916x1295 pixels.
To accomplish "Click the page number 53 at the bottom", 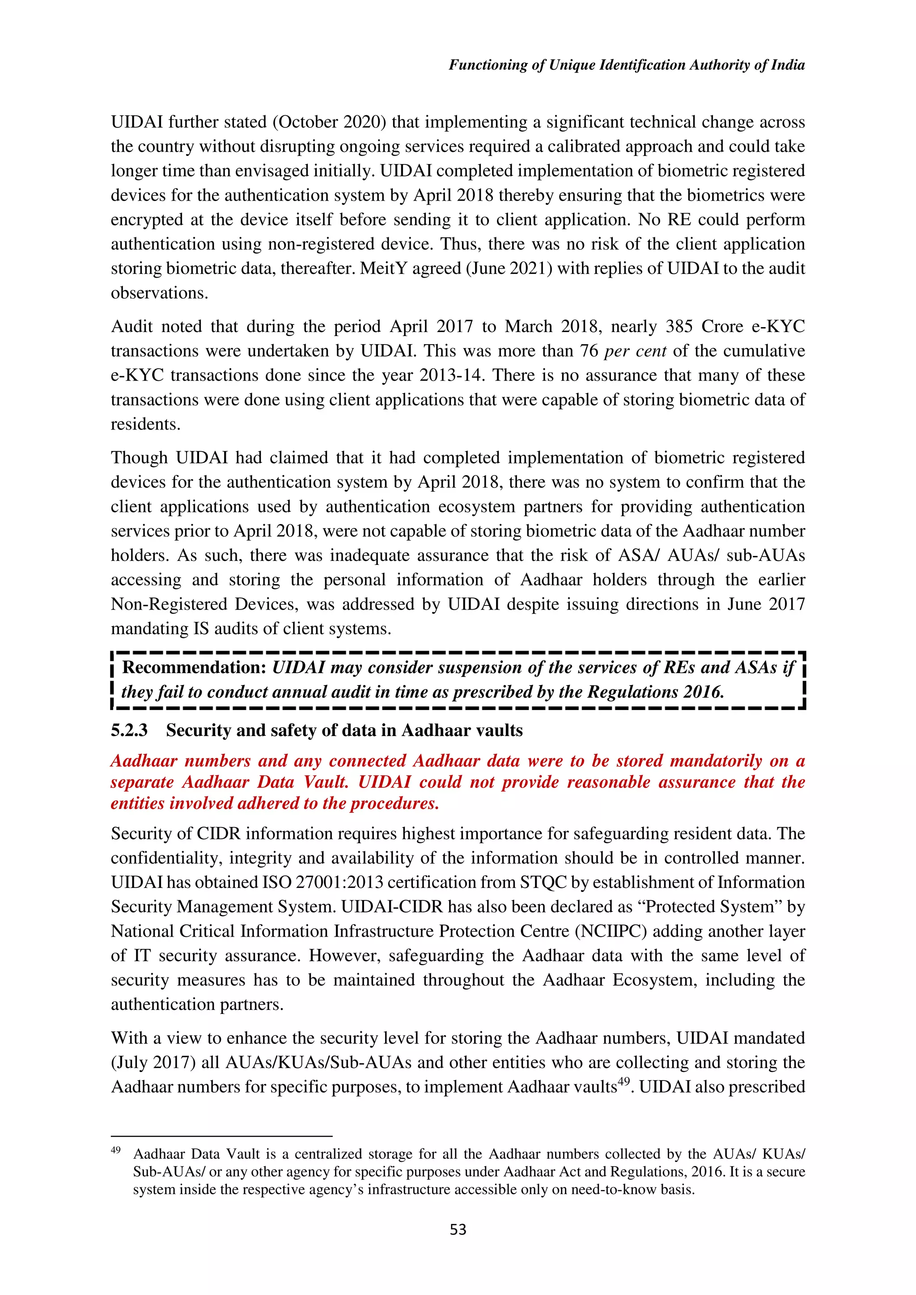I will tap(458, 1230).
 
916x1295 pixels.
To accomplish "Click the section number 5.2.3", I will tap(129, 731).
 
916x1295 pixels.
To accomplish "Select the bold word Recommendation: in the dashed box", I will tap(194, 667).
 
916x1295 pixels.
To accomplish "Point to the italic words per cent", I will tap(635, 351).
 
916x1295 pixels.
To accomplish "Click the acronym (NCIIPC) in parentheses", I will tap(611, 931).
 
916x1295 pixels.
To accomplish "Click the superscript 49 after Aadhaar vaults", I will tap(623, 1082).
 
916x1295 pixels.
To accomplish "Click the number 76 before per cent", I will tap(589, 351).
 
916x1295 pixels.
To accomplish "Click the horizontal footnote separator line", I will tap(221, 1136).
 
